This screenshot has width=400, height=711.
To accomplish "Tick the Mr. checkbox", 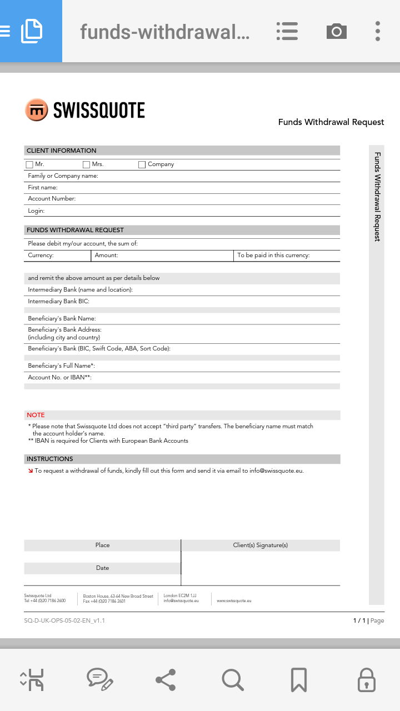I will tap(29, 164).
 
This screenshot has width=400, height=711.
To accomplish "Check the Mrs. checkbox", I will tap(86, 164).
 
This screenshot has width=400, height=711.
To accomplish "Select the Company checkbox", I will tap(142, 164).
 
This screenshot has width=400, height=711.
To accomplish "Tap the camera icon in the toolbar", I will tap(336, 31).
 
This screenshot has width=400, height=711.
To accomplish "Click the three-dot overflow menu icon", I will tap(377, 31).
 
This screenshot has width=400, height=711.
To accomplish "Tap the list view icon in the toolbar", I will tap(287, 31).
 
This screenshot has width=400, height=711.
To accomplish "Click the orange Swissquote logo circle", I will tap(37, 110).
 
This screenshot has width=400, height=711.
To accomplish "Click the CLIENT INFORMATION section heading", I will tap(62, 151).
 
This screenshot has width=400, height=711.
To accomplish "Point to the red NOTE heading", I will tap(36, 415).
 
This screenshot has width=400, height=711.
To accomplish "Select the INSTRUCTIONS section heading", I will tap(50, 459).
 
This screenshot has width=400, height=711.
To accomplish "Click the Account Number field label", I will tap(52, 199).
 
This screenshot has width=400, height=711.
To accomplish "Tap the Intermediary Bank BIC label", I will tap(58, 301).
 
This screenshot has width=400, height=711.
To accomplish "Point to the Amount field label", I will tap(106, 256).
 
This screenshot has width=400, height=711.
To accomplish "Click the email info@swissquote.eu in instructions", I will tap(276, 470).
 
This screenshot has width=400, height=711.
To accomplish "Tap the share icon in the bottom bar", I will tap(166, 679).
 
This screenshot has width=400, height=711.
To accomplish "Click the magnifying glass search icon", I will tap(232, 679).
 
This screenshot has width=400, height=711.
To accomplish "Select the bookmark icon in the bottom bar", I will tap(299, 679).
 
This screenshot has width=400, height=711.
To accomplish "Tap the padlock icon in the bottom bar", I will tap(366, 679).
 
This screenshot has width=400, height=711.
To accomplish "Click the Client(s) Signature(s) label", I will tap(260, 545).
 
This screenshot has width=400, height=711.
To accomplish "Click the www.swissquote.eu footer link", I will tap(234, 600).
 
